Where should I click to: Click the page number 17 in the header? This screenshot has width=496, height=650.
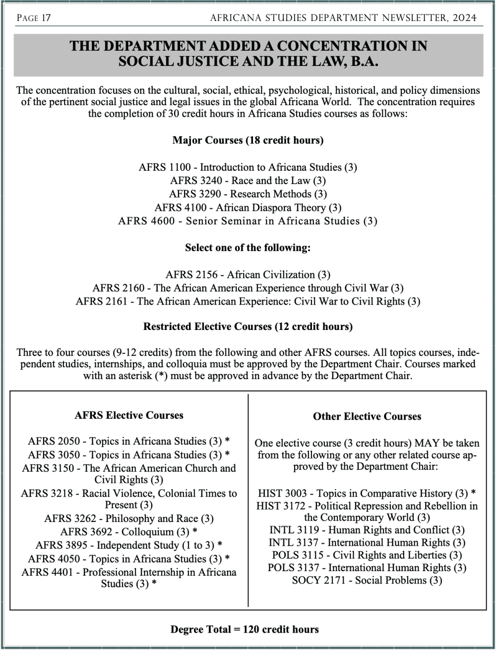(46, 18)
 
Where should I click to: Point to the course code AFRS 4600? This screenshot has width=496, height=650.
(146, 221)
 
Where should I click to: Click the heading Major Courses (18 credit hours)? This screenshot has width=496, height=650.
(248, 140)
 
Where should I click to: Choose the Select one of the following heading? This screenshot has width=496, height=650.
(248, 248)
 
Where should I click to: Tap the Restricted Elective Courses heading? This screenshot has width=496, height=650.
(248, 326)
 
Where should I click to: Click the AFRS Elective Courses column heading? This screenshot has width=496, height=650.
(129, 415)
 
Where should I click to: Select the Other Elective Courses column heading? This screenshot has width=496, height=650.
(367, 417)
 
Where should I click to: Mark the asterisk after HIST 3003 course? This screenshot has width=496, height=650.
(473, 493)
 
